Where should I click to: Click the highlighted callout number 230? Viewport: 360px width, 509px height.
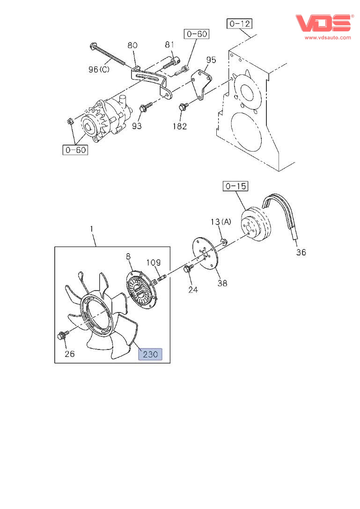[150, 354]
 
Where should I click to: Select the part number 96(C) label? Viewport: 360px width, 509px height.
[99, 69]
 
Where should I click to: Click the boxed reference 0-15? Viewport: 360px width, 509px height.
[235, 186]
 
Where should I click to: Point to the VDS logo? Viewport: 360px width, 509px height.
[323, 23]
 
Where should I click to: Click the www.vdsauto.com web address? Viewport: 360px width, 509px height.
[327, 37]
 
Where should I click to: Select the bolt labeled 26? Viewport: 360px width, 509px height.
[62, 335]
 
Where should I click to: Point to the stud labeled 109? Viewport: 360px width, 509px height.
[161, 279]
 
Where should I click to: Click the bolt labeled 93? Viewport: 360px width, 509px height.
[143, 108]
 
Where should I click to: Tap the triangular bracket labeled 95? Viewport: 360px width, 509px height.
[202, 85]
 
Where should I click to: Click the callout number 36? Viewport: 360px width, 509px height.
[301, 253]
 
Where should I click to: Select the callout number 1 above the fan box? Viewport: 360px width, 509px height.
[92, 229]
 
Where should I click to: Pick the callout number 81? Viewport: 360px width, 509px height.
[169, 44]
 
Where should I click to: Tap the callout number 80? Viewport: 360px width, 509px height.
[132, 45]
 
